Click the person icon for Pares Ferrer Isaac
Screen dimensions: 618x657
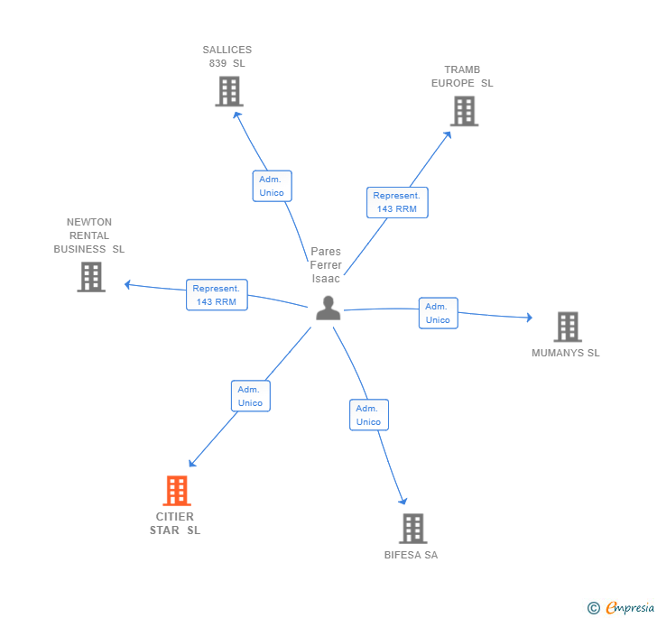coord(328,309)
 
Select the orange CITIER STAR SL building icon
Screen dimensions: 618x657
coord(177,491)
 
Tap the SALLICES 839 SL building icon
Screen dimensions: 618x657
coord(229,91)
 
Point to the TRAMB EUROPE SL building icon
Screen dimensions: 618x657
coord(464,111)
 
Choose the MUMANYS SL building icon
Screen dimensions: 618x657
coord(567,327)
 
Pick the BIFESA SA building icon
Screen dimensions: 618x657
coord(412,529)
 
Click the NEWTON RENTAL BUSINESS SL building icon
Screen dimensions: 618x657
coord(91,277)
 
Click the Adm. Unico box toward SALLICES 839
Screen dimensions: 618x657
coord(272,186)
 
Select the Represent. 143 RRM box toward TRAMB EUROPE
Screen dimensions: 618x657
coord(397,202)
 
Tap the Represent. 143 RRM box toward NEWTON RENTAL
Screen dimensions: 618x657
coord(217,295)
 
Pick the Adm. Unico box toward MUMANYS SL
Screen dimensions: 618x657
coord(438,313)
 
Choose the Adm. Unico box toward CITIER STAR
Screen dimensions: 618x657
coord(250,396)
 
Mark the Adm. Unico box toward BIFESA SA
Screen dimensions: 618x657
coord(368,415)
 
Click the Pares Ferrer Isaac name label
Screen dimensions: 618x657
coord(326,265)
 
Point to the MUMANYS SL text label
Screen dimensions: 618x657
coord(566,353)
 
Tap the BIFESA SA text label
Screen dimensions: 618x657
coord(411,555)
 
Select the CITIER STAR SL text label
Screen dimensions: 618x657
coord(175,523)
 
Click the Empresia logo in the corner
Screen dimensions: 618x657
coord(621,608)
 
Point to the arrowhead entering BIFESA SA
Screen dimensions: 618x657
coord(403,502)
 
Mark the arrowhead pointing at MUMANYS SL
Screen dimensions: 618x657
coord(529,318)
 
